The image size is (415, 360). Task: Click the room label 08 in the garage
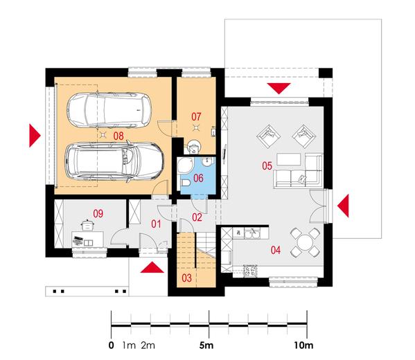(x=118, y=137)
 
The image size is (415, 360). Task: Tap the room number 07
(x=197, y=115)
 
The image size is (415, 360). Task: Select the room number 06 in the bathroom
(x=198, y=178)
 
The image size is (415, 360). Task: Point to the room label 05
(x=267, y=165)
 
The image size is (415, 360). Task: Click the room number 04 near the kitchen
(x=275, y=249)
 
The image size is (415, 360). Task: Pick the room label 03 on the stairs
(x=186, y=278)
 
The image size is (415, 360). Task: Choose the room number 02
(x=197, y=217)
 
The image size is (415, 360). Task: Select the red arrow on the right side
(x=344, y=204)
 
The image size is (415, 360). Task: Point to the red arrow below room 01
(x=151, y=269)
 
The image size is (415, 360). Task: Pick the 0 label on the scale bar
(x=112, y=344)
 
